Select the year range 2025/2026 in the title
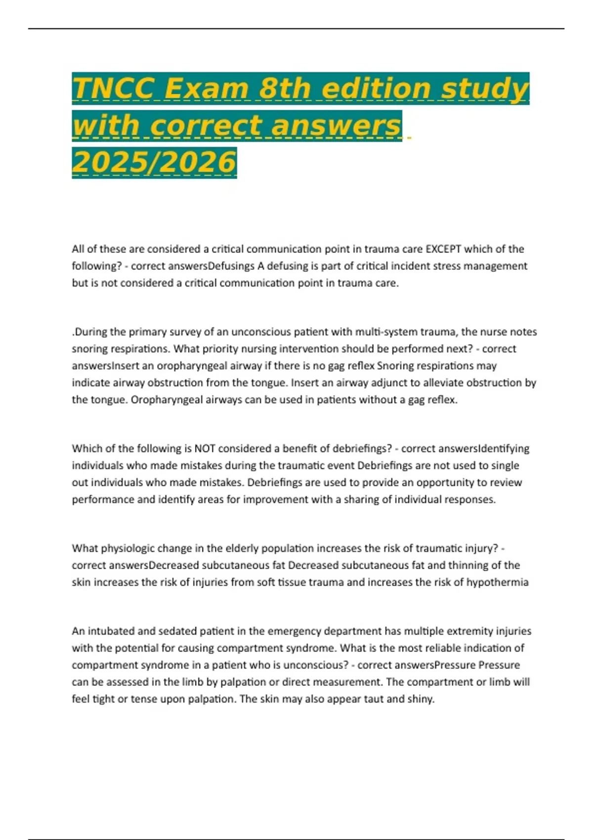point(154,162)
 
